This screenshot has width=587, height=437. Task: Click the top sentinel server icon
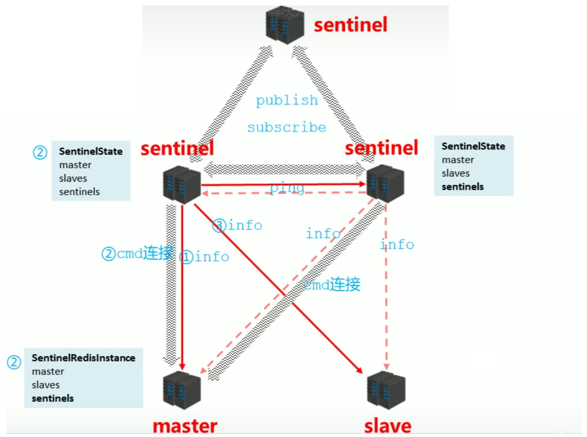(x=285, y=26)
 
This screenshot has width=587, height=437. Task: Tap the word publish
(x=286, y=100)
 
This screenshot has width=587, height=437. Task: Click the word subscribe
(x=286, y=127)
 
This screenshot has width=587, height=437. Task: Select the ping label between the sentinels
(x=287, y=187)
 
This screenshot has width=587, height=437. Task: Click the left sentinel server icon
(x=182, y=185)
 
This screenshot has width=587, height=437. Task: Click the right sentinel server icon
(x=385, y=183)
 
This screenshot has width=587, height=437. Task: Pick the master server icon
(x=182, y=390)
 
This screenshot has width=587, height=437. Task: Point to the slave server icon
(x=386, y=390)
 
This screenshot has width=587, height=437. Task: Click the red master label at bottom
(x=185, y=426)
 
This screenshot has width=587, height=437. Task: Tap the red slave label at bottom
(x=387, y=426)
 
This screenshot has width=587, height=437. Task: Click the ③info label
(x=237, y=225)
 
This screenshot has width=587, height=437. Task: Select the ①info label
(x=204, y=257)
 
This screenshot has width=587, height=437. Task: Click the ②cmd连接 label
(x=137, y=253)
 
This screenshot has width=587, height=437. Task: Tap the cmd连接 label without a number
(x=332, y=285)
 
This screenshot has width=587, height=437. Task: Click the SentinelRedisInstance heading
(x=83, y=358)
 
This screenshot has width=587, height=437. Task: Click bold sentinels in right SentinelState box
(x=462, y=187)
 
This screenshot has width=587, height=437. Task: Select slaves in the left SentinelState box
(x=73, y=178)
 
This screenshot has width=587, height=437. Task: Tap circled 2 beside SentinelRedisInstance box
(x=14, y=362)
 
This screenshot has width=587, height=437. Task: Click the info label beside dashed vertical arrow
(x=397, y=245)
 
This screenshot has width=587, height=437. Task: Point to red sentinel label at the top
(x=350, y=25)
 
